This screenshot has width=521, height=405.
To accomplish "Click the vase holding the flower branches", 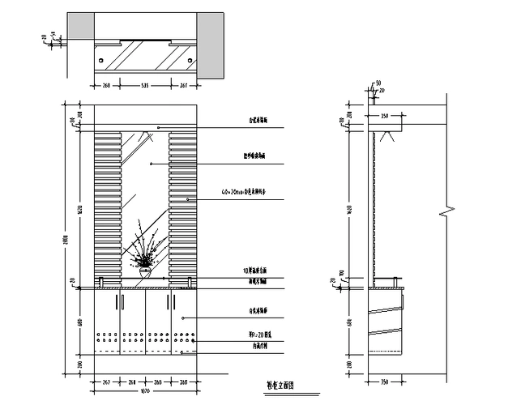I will point(146,273).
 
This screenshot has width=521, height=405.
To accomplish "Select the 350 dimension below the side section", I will point(384,381).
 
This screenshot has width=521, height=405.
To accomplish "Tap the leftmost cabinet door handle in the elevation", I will point(117,302).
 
